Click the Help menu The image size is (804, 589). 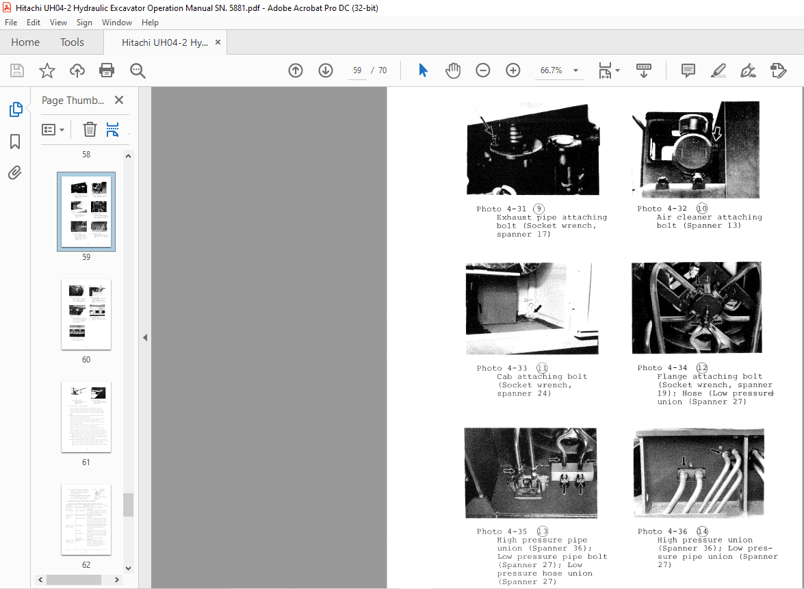click(150, 23)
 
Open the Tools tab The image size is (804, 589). click(72, 42)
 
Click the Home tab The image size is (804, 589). click(25, 42)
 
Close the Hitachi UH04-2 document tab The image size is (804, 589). click(218, 42)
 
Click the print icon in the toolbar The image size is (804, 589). click(107, 70)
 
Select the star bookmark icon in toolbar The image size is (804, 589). click(47, 70)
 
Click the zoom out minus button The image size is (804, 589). click(483, 70)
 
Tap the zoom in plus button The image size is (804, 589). click(513, 70)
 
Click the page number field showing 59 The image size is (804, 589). click(357, 70)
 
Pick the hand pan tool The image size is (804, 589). click(453, 70)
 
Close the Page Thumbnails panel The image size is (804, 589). click(119, 101)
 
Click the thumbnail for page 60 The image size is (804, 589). click(86, 314)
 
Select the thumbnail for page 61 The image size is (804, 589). click(86, 417)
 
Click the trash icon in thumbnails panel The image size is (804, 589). click(90, 129)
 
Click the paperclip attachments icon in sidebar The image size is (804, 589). click(15, 173)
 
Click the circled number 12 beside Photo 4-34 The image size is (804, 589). click(702, 368)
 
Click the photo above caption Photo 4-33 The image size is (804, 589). click(528, 309)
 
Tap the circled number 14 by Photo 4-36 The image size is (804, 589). click(702, 532)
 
